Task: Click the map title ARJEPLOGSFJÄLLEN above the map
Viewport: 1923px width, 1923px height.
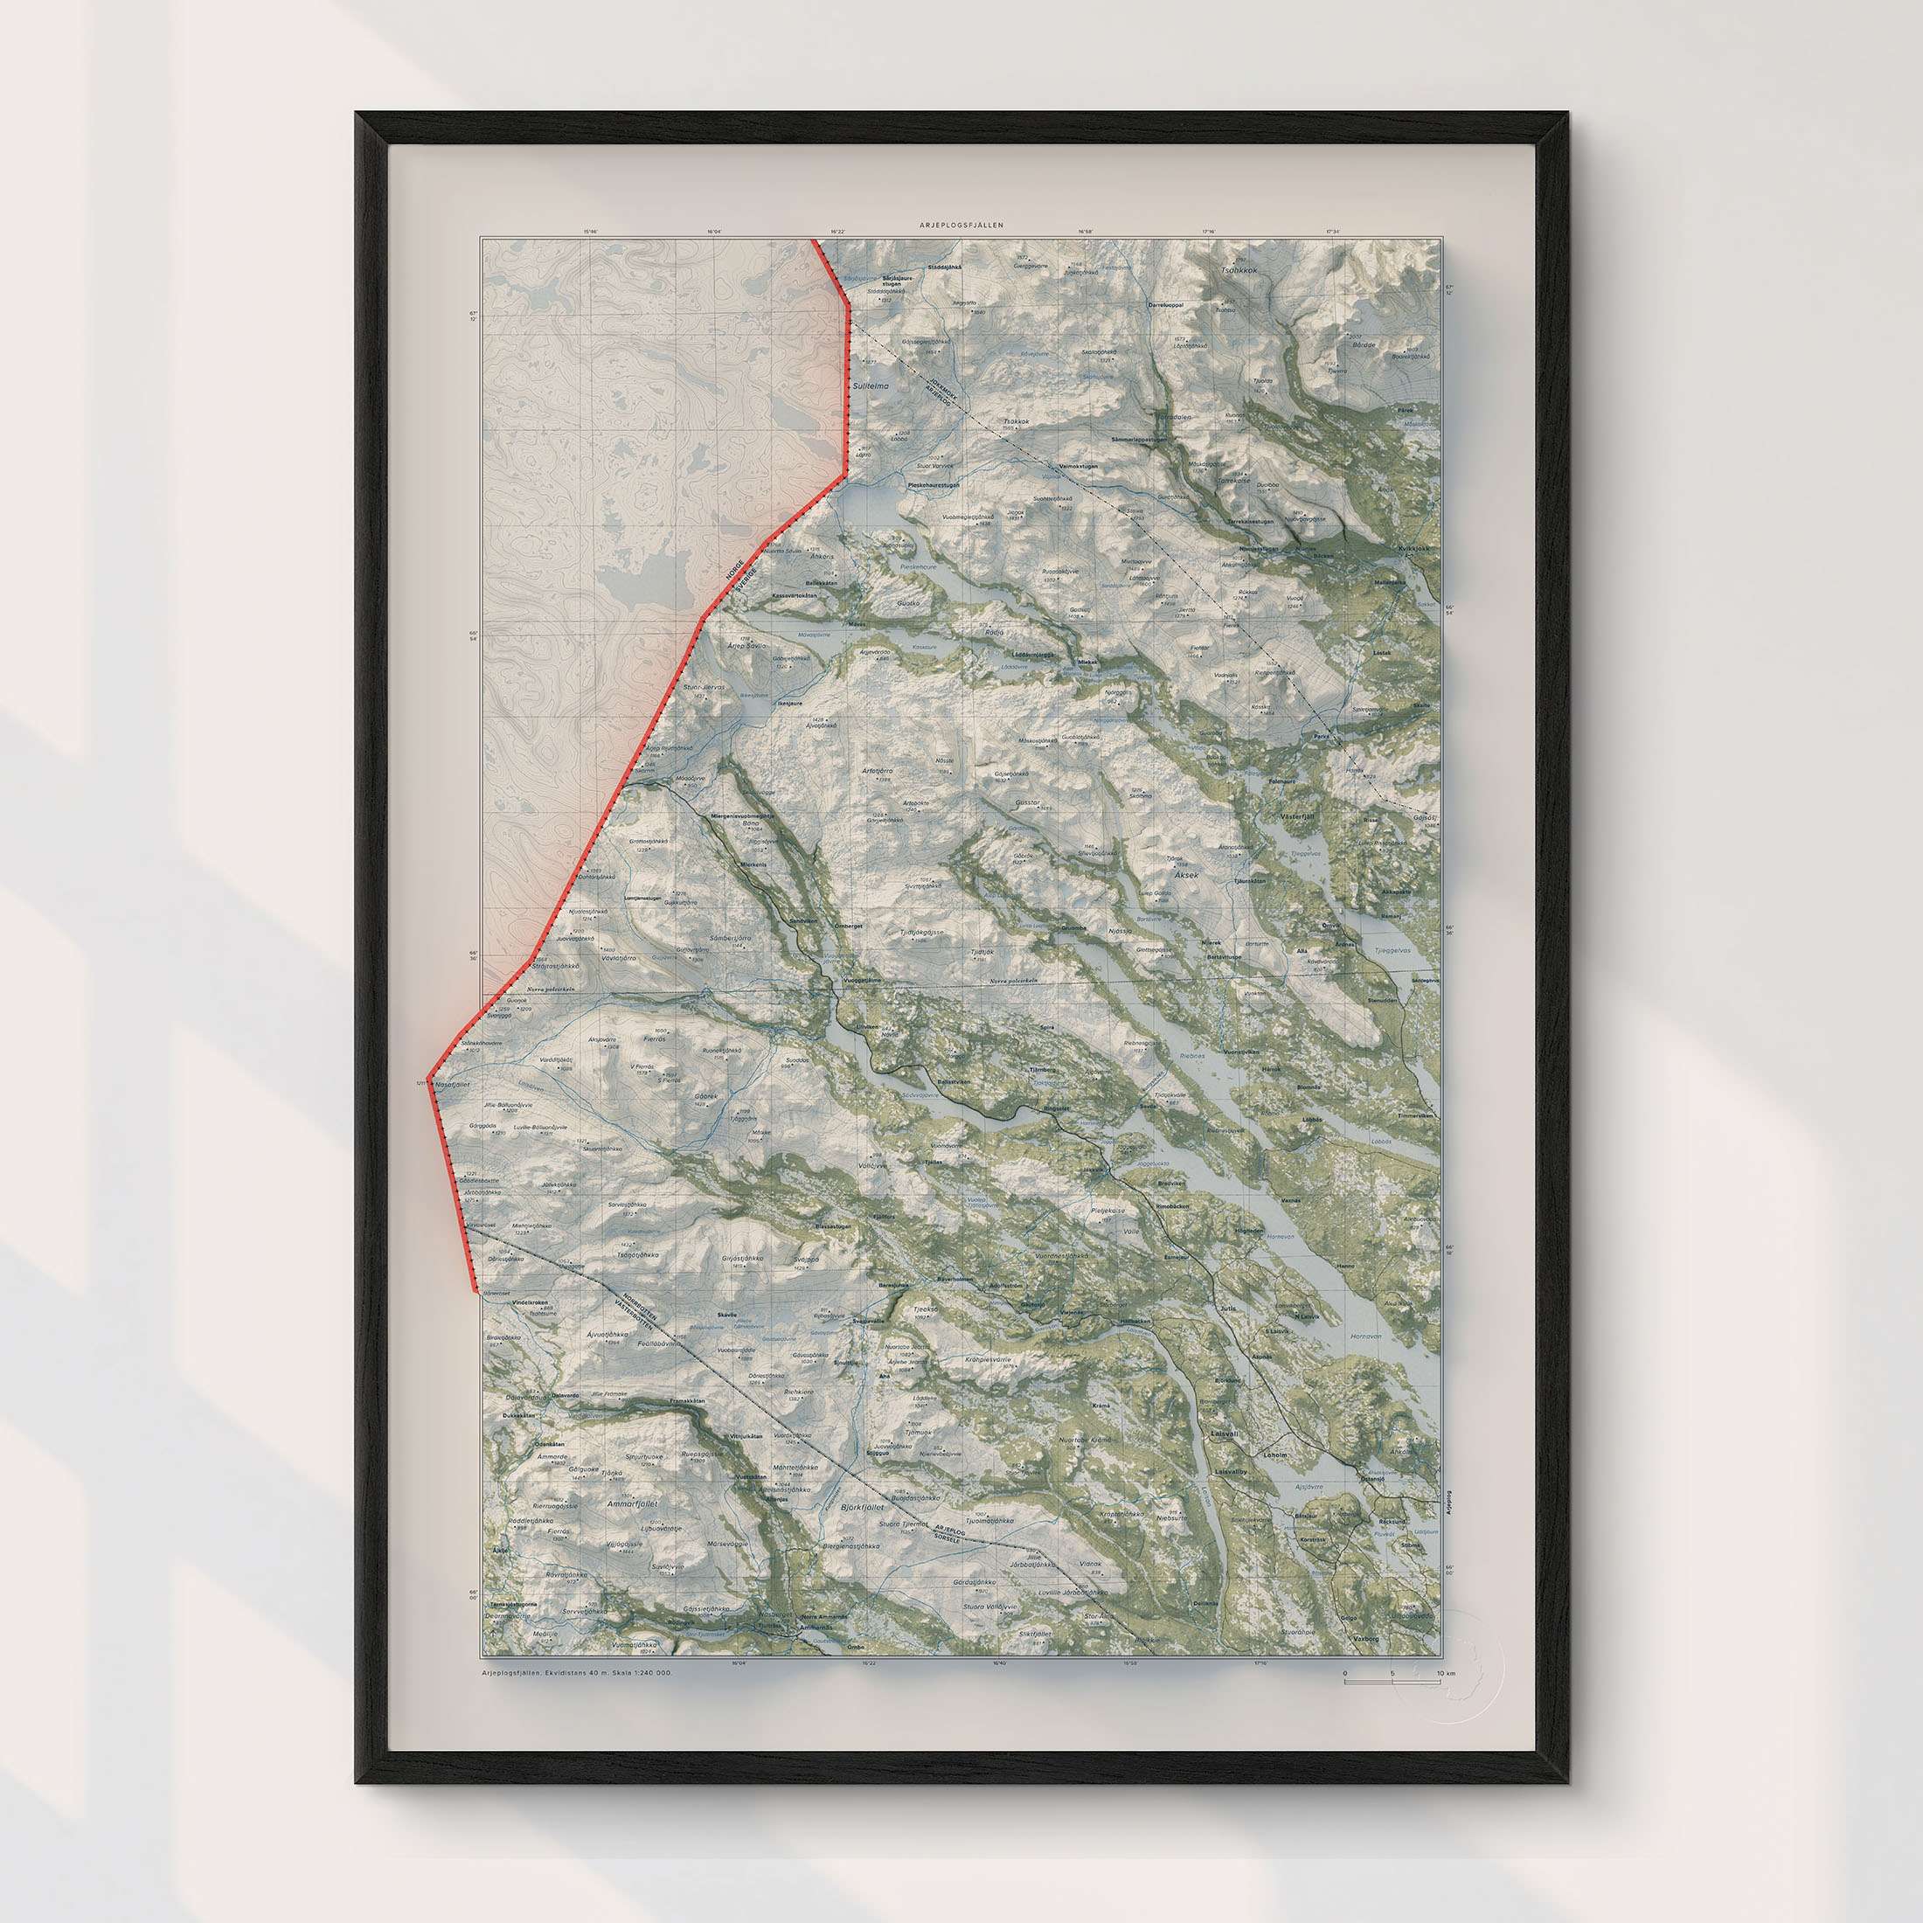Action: coord(961,226)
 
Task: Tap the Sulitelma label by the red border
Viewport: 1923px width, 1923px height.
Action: coord(871,385)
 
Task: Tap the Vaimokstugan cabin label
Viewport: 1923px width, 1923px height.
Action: coord(1078,466)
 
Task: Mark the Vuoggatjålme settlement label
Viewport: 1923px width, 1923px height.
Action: coord(862,981)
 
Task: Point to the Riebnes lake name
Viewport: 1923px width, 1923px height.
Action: coord(1191,1055)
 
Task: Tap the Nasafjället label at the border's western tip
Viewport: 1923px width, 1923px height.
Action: coord(453,1084)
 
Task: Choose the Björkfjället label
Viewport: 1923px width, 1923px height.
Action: coord(862,1507)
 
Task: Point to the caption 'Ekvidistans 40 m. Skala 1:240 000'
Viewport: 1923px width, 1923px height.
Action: coord(608,1673)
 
